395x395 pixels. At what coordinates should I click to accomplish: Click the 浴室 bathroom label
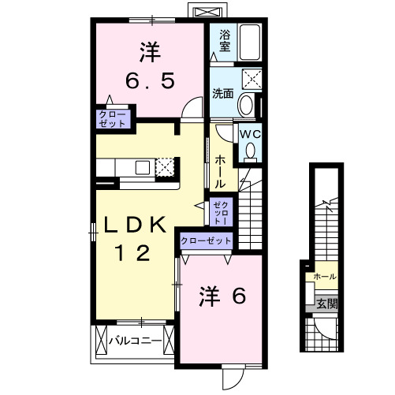click(225, 41)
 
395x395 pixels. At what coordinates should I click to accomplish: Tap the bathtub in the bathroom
click(250, 44)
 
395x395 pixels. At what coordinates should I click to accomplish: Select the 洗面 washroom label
click(223, 93)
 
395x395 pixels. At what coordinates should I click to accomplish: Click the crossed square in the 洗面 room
click(252, 78)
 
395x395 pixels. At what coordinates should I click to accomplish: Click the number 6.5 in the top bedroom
click(151, 81)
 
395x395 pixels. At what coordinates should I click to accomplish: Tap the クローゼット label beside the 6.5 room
click(112, 118)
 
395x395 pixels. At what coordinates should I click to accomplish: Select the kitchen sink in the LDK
click(143, 167)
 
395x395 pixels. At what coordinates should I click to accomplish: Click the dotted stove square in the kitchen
click(164, 167)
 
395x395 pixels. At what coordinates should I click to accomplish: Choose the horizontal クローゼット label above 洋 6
click(206, 240)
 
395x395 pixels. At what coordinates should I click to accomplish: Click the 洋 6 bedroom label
click(222, 296)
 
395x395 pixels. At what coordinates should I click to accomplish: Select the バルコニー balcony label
click(135, 341)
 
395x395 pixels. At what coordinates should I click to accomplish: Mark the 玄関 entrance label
click(326, 302)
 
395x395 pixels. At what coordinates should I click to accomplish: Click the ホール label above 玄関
click(325, 277)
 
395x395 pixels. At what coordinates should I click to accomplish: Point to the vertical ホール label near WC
click(221, 170)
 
